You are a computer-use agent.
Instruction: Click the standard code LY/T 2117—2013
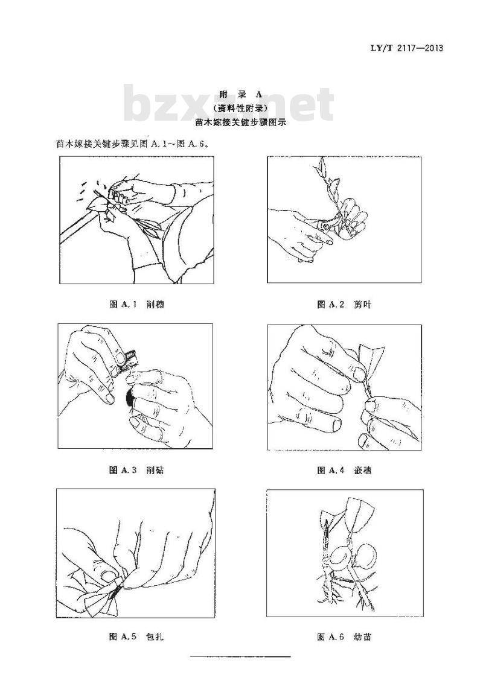406,48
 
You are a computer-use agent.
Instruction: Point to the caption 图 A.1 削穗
136,305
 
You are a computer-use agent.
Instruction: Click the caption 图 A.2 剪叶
344,305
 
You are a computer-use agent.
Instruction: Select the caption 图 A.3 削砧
136,470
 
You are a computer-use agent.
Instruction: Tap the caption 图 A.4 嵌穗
344,470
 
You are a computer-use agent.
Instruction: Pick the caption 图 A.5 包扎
136,636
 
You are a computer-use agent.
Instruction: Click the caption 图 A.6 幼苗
344,636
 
